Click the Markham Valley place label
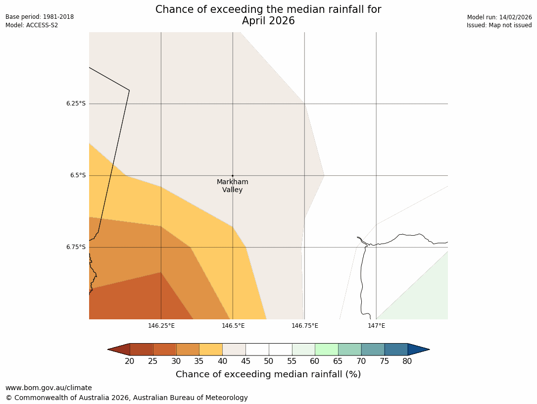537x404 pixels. [232, 186]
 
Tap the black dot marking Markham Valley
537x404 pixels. [233, 176]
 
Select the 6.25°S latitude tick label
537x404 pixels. [76, 103]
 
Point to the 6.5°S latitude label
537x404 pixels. [78, 175]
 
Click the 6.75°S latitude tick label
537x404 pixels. [76, 247]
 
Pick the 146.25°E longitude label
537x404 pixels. [161, 326]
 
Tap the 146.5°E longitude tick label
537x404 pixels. [233, 326]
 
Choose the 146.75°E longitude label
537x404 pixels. [305, 326]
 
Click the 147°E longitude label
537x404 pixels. [377, 326]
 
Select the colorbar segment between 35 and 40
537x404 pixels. [211, 350]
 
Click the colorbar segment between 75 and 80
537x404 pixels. [396, 350]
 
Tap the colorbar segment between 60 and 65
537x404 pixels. [327, 350]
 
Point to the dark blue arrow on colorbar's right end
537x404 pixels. [418, 350]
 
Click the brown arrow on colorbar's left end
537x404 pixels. [119, 350]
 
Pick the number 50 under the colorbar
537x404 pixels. [269, 361]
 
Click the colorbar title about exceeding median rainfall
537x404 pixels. [268, 374]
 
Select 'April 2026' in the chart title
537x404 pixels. [268, 21]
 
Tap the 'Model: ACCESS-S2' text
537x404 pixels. [32, 25]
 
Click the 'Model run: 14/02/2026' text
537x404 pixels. [499, 17]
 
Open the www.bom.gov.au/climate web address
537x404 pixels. [49, 388]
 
